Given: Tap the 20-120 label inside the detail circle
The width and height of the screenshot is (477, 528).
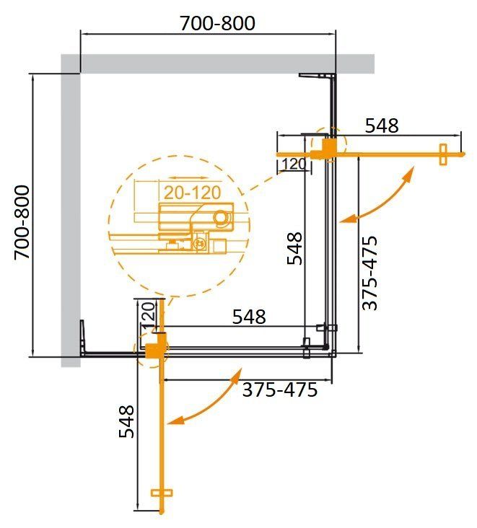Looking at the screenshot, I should pyautogui.click(x=190, y=193).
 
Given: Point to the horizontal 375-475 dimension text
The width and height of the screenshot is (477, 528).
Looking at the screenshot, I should pyautogui.click(x=279, y=390).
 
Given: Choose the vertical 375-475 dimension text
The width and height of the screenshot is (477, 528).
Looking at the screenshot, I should pyautogui.click(x=369, y=273).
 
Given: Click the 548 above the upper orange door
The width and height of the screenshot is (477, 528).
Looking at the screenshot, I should pyautogui.click(x=381, y=126).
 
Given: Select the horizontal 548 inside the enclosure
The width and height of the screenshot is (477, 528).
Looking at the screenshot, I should pyautogui.click(x=248, y=316).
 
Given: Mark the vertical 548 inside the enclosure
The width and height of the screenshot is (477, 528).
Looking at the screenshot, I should pyautogui.click(x=294, y=247).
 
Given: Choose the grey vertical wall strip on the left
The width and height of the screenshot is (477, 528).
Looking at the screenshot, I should pyautogui.click(x=70, y=216).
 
